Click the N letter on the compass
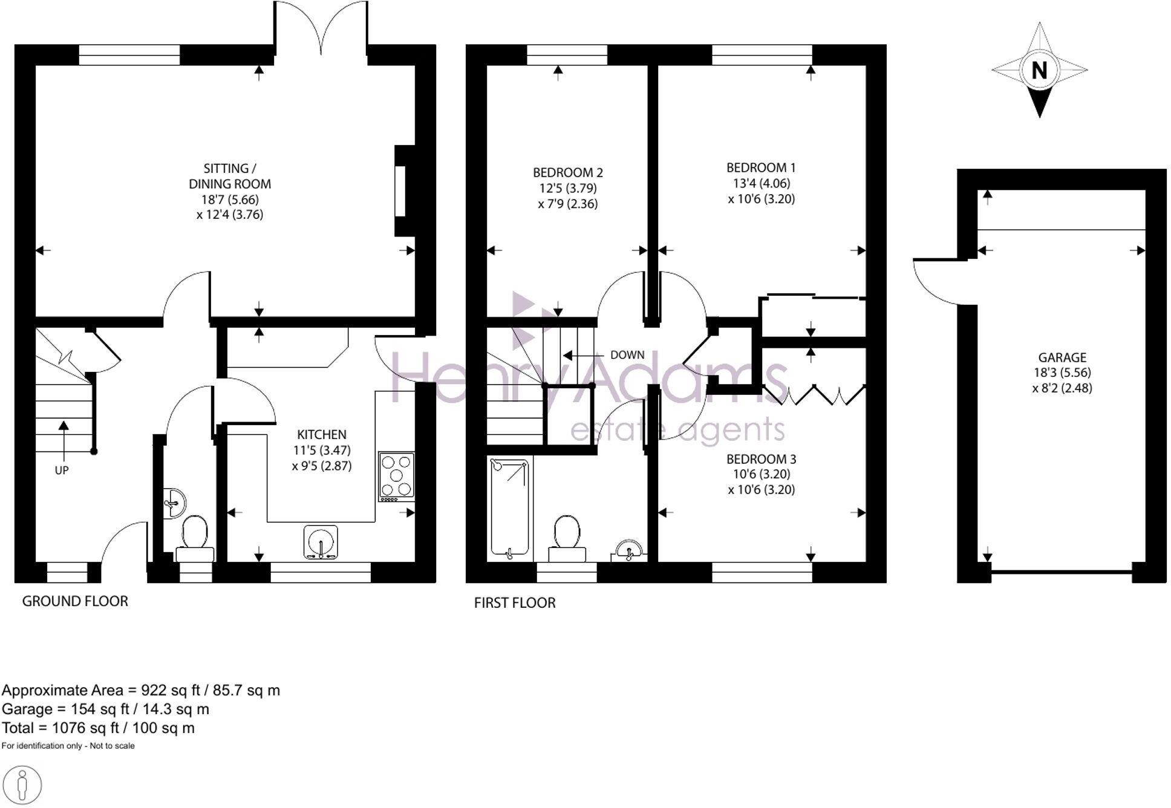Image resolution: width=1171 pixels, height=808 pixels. [1039, 70]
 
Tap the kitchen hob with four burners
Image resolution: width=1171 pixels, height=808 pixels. [397, 477]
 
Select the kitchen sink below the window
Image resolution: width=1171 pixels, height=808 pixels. [321, 541]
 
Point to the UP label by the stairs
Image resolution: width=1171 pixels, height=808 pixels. [62, 470]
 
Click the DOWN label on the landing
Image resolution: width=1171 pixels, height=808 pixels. [627, 355]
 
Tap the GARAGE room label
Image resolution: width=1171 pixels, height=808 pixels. [1062, 357]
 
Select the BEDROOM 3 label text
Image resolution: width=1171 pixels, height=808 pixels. [761, 458]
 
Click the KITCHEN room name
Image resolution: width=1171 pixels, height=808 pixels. [321, 434]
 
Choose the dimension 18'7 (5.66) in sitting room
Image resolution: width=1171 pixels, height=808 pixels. [230, 199]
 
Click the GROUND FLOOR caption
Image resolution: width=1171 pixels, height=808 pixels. [75, 601]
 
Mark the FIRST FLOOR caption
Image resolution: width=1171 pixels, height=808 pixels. [514, 602]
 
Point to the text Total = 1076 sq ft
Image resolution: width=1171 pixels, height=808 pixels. [98, 728]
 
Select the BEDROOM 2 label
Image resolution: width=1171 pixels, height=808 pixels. [567, 172]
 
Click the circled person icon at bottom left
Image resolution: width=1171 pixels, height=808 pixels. [22, 786]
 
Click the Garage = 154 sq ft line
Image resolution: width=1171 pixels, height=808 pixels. [105, 709]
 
